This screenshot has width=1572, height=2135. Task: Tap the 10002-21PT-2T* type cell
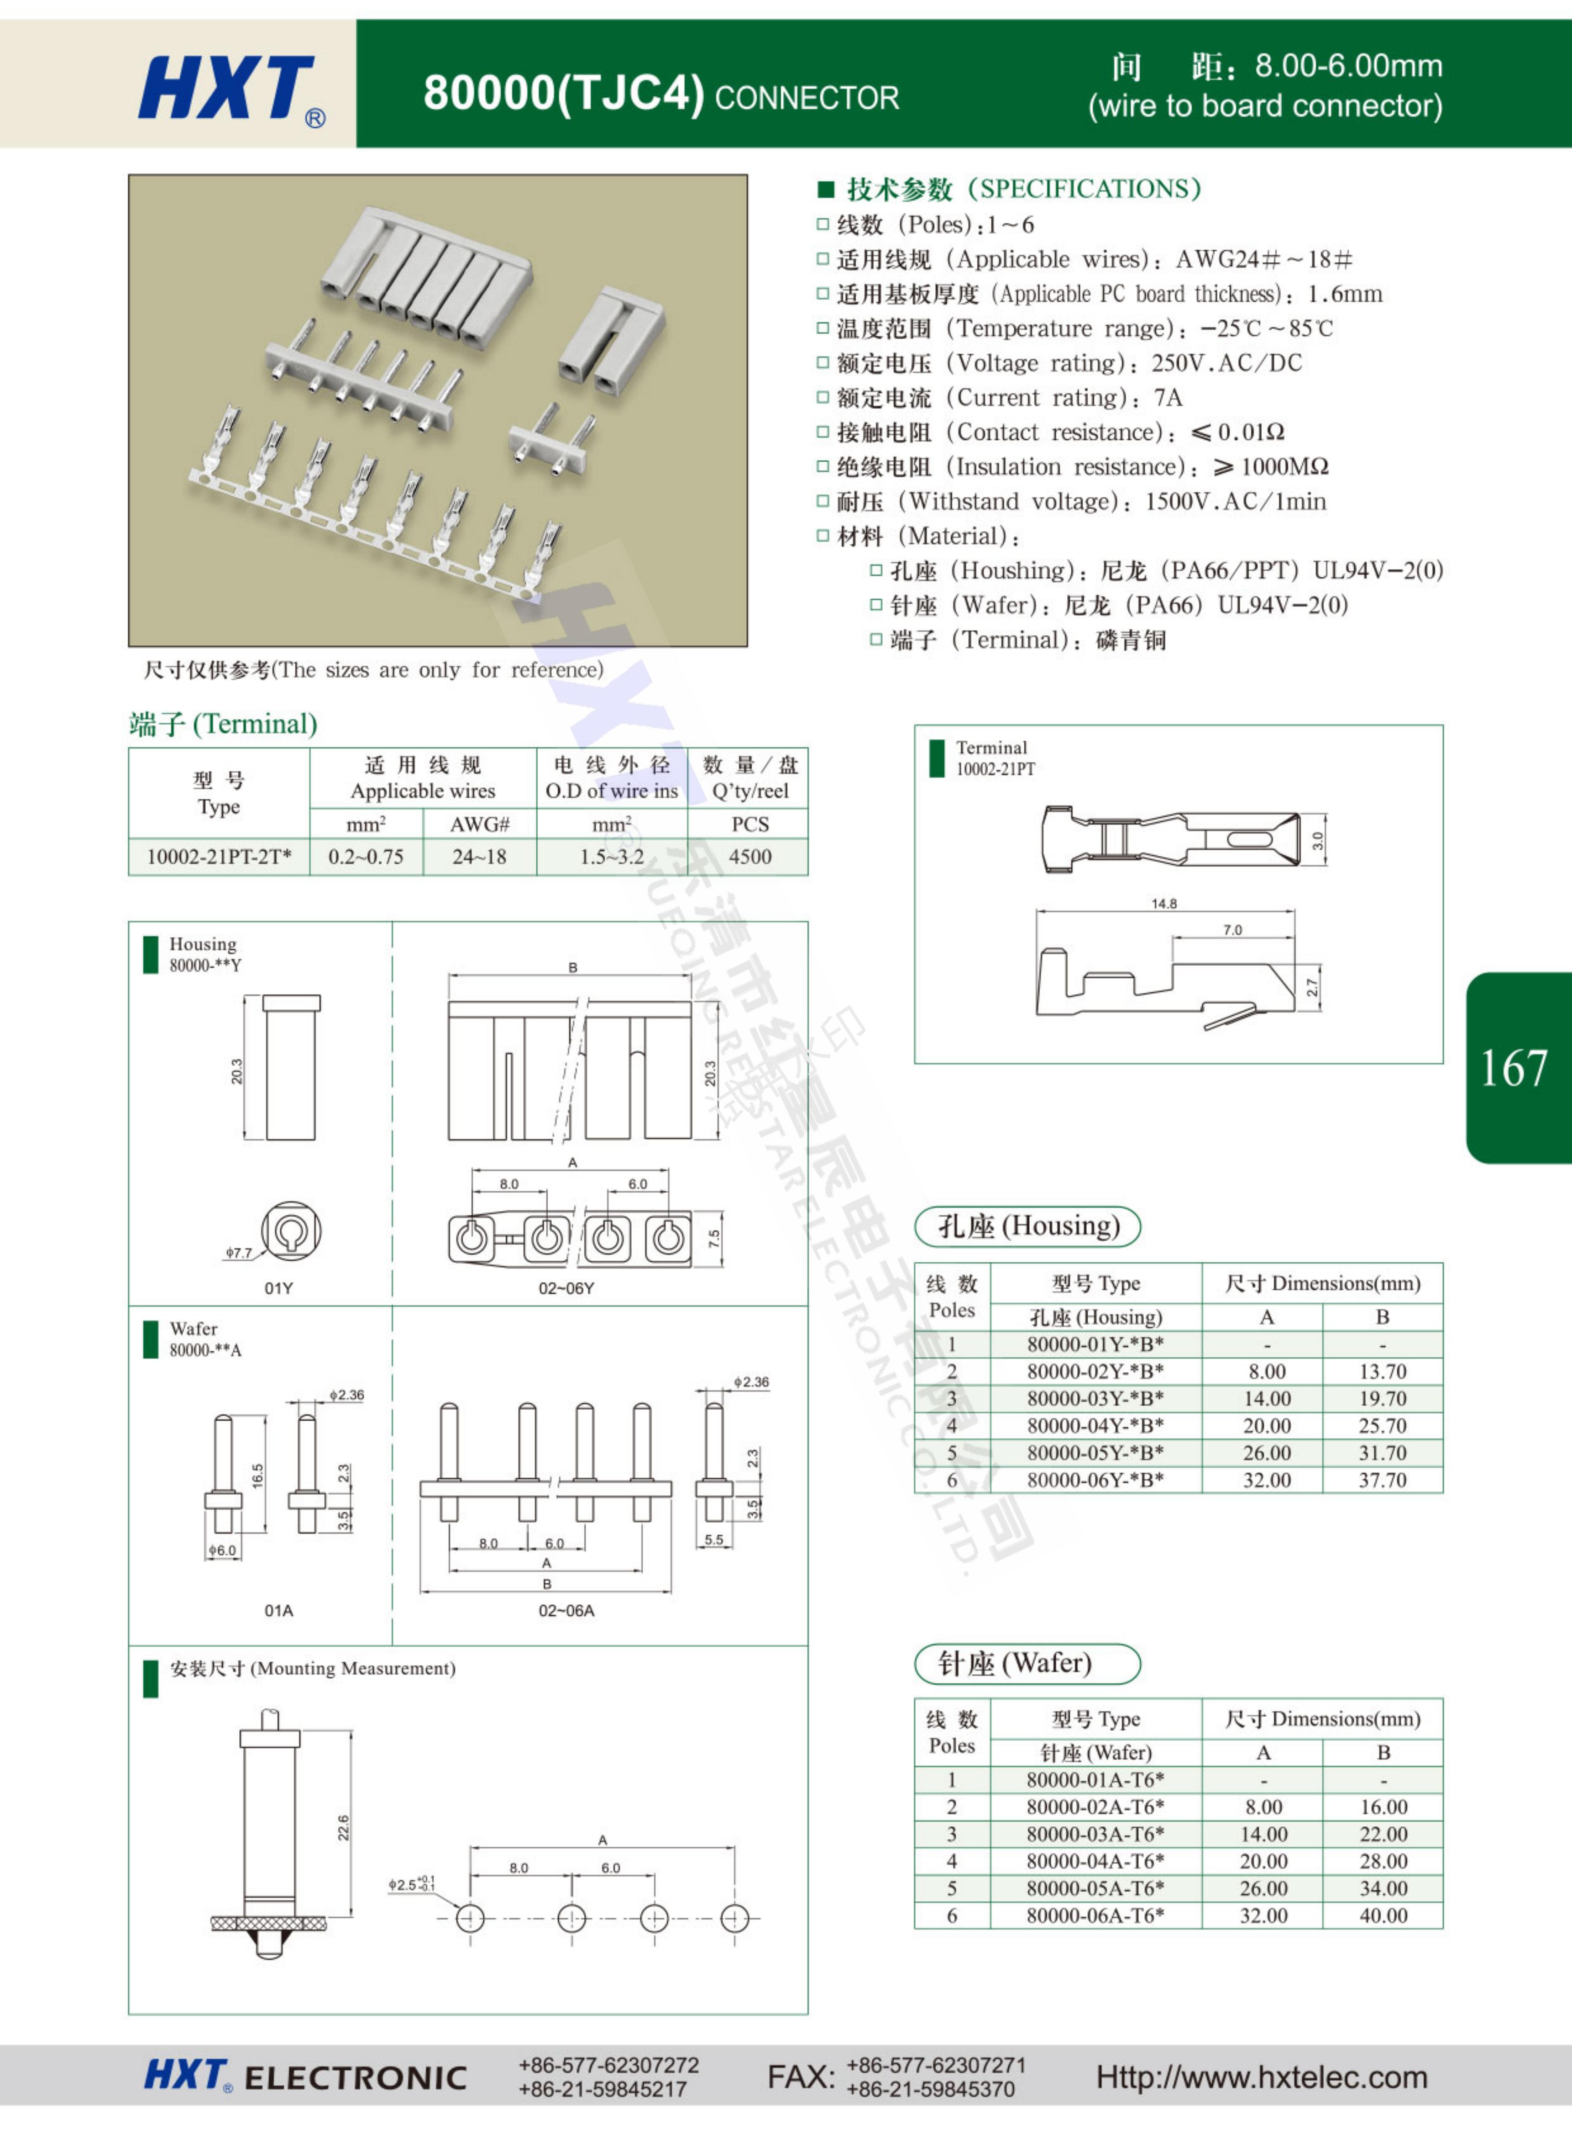tap(219, 857)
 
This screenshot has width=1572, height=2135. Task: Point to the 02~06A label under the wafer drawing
tap(566, 1611)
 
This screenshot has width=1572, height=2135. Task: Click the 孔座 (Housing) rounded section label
tap(1028, 1226)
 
